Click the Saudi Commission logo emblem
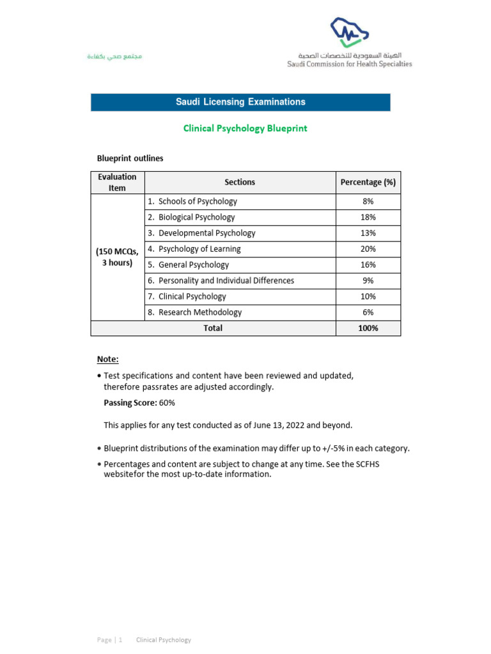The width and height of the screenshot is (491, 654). (349, 32)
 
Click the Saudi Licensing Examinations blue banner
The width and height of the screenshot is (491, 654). (240, 102)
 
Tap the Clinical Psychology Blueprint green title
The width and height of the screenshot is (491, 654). (245, 128)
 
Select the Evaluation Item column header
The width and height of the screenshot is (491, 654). (118, 183)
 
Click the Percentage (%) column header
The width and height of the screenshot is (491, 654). (368, 183)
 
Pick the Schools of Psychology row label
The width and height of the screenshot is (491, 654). (198, 202)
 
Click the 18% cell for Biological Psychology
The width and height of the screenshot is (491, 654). (368, 218)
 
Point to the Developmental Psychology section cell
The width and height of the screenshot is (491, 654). (207, 233)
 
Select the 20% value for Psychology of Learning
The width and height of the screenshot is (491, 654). (368, 249)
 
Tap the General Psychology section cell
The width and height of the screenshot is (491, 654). (193, 265)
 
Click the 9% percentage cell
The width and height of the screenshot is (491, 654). (368, 281)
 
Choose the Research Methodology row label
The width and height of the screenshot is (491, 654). (199, 313)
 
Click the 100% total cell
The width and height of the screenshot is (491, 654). (368, 328)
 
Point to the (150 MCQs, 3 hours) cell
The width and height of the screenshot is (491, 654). (118, 257)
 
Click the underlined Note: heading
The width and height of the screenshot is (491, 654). (107, 360)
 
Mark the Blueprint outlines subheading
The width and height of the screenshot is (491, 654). (130, 158)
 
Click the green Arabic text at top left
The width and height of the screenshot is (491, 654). (114, 57)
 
